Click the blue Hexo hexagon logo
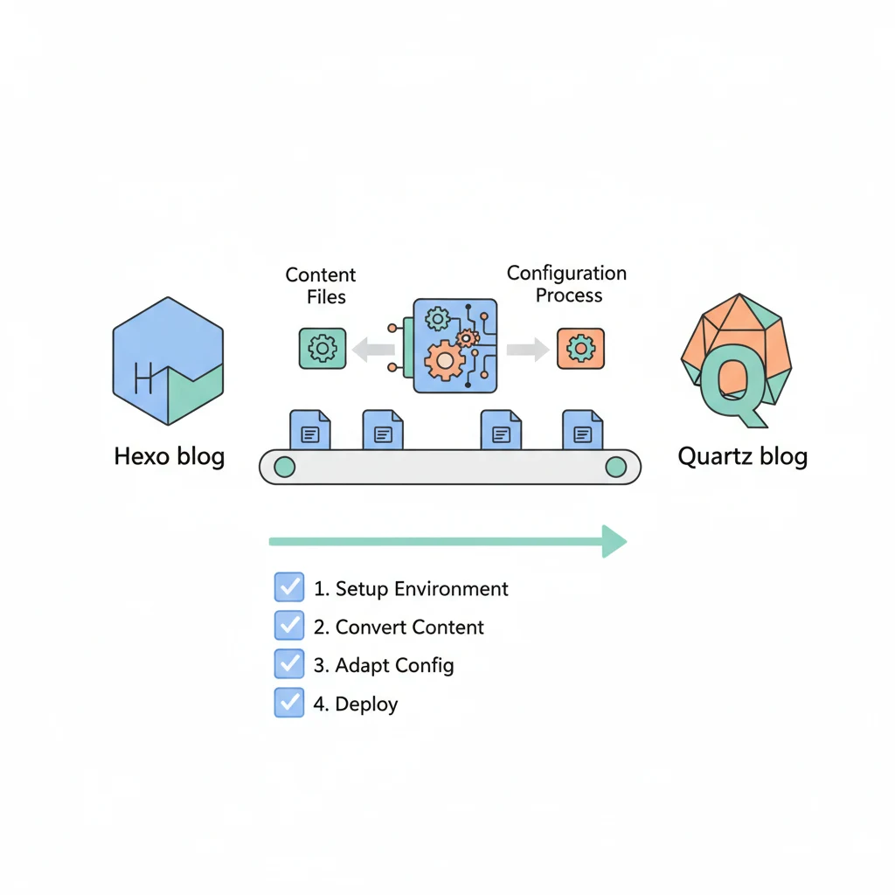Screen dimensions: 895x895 pyautogui.click(x=168, y=360)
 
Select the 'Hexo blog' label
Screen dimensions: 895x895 pyautogui.click(x=170, y=456)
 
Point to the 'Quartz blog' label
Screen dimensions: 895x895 pyautogui.click(x=742, y=456)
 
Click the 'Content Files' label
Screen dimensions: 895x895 pyautogui.click(x=321, y=286)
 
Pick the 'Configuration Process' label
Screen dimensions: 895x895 pyautogui.click(x=567, y=284)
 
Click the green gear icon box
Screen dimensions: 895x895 pyautogui.click(x=323, y=348)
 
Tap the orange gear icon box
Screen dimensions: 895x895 pyautogui.click(x=580, y=349)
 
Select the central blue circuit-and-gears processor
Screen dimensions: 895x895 pyautogui.click(x=454, y=345)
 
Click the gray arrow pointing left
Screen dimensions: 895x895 pyautogui.click(x=372, y=350)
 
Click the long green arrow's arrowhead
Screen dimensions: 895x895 pyautogui.click(x=614, y=541)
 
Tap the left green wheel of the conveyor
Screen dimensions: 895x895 pyautogui.click(x=284, y=467)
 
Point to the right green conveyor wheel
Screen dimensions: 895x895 pyautogui.click(x=616, y=467)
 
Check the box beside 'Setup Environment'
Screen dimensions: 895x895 pyautogui.click(x=288, y=587)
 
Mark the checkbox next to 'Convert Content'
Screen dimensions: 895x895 pyautogui.click(x=288, y=626)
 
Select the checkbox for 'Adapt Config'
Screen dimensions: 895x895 pyautogui.click(x=288, y=664)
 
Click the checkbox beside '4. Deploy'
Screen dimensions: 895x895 pyautogui.click(x=288, y=703)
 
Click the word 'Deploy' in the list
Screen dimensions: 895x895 pyautogui.click(x=367, y=704)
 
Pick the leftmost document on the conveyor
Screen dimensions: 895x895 pyautogui.click(x=310, y=430)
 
